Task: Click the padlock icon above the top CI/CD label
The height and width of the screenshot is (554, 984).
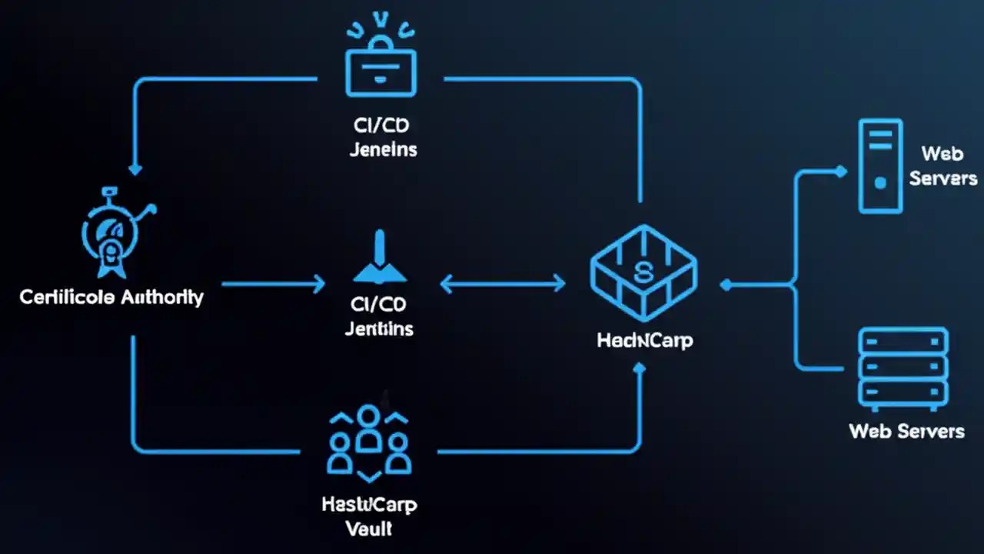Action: coord(381,72)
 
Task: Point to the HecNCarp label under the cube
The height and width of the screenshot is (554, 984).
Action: coord(644,339)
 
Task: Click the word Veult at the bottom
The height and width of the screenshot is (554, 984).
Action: coord(368,528)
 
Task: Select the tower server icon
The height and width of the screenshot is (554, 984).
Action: coord(880,165)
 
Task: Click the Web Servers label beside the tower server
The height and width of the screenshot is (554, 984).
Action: coord(942,165)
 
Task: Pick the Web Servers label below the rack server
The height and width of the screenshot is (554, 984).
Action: coord(906,430)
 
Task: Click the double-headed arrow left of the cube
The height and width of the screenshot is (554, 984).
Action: coord(503,285)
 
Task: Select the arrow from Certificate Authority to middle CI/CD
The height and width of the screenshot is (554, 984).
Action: coord(273,285)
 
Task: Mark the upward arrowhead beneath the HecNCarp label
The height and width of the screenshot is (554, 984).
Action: coord(640,369)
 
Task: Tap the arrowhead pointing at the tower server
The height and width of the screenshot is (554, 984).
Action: coord(841,172)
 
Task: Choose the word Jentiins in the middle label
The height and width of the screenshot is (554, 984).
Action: coord(379,329)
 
